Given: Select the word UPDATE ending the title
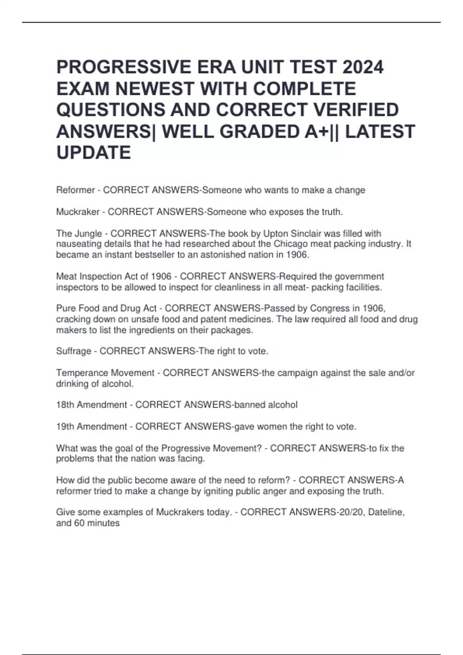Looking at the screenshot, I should (94, 153).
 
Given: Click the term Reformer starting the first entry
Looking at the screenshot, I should (75, 190).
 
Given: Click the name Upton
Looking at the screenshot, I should (275, 233).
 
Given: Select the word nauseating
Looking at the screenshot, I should (79, 244).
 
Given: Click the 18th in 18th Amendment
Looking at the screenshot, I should (65, 405).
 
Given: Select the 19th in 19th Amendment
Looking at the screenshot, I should (65, 427).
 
